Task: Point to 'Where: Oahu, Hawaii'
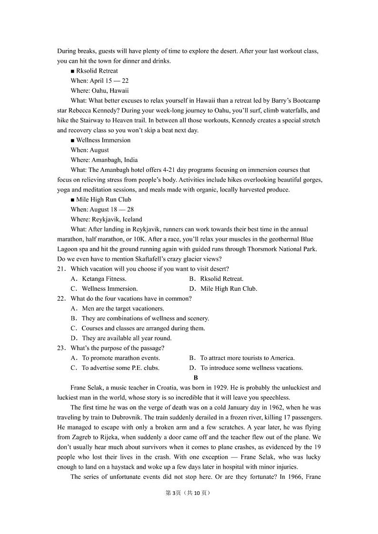click(99, 90)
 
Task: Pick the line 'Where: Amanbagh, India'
click(104, 160)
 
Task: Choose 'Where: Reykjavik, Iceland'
click(106, 219)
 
